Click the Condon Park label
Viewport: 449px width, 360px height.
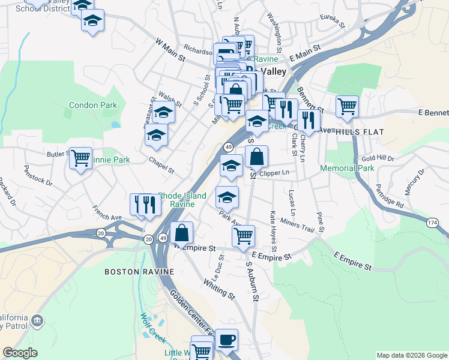pos(93,105)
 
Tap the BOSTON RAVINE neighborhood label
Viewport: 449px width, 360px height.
pos(139,271)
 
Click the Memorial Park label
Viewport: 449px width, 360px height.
pos(347,168)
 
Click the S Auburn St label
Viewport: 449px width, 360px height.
pos(252,281)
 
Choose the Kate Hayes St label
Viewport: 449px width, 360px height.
pos(273,231)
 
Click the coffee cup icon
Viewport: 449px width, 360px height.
pos(226,340)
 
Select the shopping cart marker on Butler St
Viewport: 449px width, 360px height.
pos(80,158)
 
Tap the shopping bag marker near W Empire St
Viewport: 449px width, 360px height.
pos(181,233)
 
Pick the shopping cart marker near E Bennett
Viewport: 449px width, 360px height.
pos(347,107)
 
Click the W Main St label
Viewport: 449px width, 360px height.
pos(170,50)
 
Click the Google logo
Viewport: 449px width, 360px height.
pos(20,353)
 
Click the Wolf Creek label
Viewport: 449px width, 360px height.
pos(152,327)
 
